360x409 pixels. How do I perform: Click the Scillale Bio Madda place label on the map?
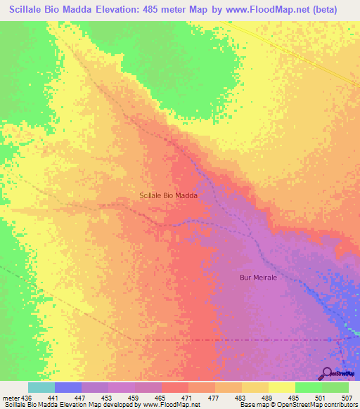pyautogui.click(x=168, y=195)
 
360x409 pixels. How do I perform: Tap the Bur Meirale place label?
pyautogui.click(x=258, y=278)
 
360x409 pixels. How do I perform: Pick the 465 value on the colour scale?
pyautogui.click(x=160, y=398)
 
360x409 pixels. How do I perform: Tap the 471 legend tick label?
pyautogui.click(x=188, y=398)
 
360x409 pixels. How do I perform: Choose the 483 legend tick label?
pyautogui.click(x=241, y=398)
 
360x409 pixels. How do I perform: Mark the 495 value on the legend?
pyautogui.click(x=295, y=398)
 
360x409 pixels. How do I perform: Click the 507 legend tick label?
pyautogui.click(x=348, y=398)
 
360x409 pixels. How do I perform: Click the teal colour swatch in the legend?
pyautogui.click(x=41, y=387)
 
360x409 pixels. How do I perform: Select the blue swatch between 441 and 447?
pyautogui.click(x=67, y=387)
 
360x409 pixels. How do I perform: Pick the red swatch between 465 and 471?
pyautogui.click(x=174, y=387)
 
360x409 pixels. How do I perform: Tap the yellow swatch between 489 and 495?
pyautogui.click(x=281, y=387)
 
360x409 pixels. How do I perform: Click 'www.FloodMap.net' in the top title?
pyautogui.click(x=261, y=10)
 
